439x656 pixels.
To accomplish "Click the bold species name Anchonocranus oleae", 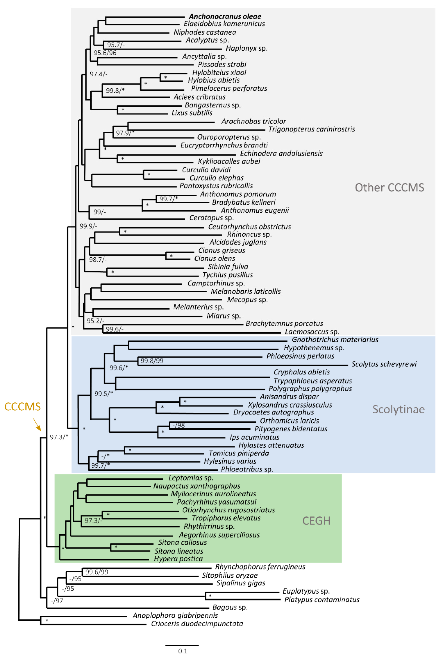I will point(225,17).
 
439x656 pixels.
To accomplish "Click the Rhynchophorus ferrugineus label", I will point(260,567).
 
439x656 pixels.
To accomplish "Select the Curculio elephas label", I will point(216,178).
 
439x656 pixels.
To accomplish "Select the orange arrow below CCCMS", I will point(37,424).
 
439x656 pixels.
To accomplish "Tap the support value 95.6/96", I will point(105,53).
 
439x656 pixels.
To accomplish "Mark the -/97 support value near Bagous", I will point(57,601).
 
